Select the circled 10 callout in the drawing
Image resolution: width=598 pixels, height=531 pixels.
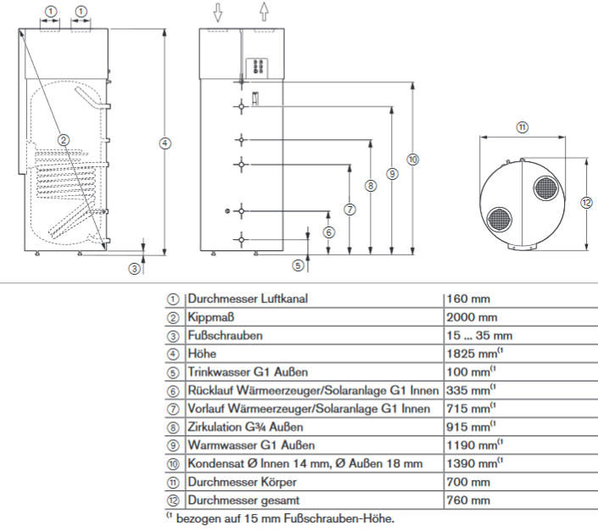tap(413, 159)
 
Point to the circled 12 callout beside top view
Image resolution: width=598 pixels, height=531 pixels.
tap(587, 202)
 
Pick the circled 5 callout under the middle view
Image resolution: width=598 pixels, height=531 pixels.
tap(298, 265)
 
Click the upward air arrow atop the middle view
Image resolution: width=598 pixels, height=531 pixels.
tap(265, 12)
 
